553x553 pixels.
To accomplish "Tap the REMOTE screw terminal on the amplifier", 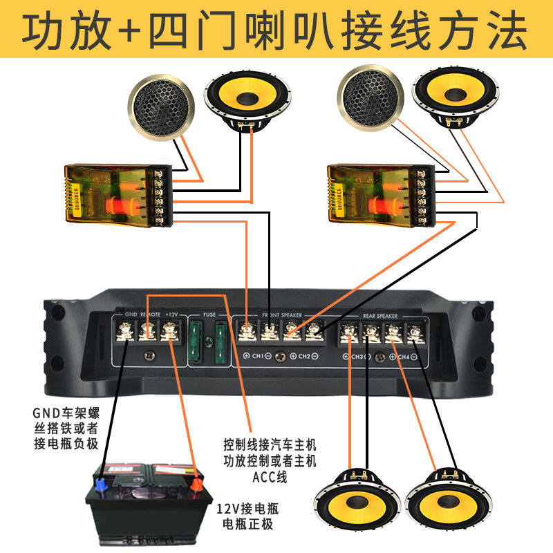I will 147,332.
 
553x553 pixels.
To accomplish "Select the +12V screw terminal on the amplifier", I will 169,332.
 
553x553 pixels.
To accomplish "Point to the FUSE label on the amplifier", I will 209,314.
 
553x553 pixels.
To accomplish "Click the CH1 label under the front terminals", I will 256,356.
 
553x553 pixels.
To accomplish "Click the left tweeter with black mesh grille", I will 161,106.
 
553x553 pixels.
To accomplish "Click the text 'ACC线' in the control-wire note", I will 270,477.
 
